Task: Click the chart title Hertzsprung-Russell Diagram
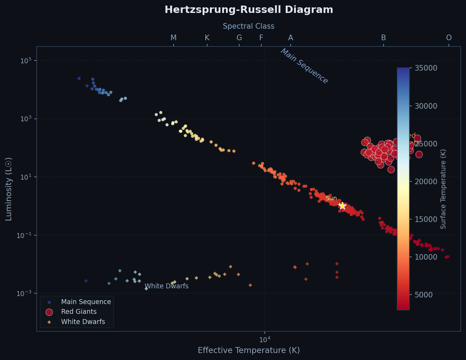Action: click(249, 10)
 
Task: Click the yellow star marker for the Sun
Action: click(342, 206)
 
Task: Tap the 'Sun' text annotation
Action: click(331, 199)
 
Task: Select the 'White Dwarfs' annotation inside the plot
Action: click(167, 286)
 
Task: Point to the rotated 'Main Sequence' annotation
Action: click(304, 66)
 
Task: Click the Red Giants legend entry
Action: click(79, 312)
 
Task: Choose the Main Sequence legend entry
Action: click(86, 302)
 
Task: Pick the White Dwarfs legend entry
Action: click(83, 322)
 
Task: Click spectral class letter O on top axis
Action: click(449, 38)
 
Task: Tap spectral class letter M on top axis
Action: click(174, 38)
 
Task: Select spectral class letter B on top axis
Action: click(384, 38)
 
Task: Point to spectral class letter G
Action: click(239, 38)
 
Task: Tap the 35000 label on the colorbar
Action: click(426, 68)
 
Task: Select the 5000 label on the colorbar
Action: click(424, 295)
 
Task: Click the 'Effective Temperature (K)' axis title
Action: click(249, 351)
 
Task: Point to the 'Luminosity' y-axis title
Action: click(9, 189)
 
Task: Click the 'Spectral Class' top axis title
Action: click(249, 26)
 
